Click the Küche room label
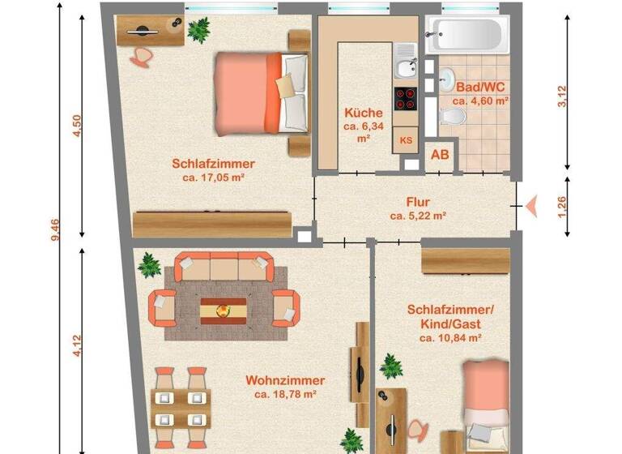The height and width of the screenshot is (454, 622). pyautogui.click(x=357, y=113)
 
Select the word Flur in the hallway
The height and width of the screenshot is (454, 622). pyautogui.click(x=418, y=203)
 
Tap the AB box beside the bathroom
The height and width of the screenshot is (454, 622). pyautogui.click(x=441, y=153)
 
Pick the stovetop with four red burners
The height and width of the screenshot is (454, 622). pyautogui.click(x=405, y=98)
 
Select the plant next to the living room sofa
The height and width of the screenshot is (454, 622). pyautogui.click(x=149, y=265)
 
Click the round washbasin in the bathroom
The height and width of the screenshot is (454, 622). pyautogui.click(x=448, y=79)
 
